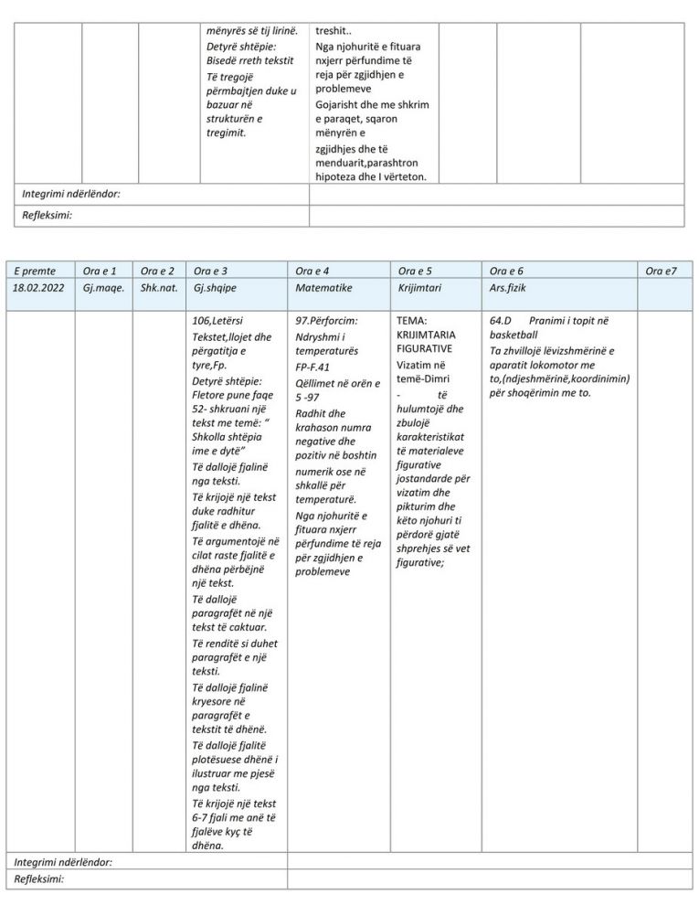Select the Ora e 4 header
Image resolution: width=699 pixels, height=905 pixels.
(x=313, y=271)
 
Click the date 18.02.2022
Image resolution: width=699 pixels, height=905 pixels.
(x=39, y=288)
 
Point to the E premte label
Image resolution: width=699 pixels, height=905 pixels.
(x=36, y=271)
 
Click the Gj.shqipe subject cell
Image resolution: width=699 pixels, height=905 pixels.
(x=212, y=288)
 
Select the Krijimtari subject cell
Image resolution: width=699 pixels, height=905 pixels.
(x=421, y=288)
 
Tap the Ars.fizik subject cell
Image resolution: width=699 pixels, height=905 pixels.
(x=508, y=288)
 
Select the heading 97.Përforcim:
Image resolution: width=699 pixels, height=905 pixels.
(x=326, y=322)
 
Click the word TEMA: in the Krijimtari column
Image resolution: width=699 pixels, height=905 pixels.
(x=412, y=322)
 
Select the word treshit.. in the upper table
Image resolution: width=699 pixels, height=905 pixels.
(x=334, y=30)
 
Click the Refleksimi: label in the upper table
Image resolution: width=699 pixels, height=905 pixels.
(x=48, y=216)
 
